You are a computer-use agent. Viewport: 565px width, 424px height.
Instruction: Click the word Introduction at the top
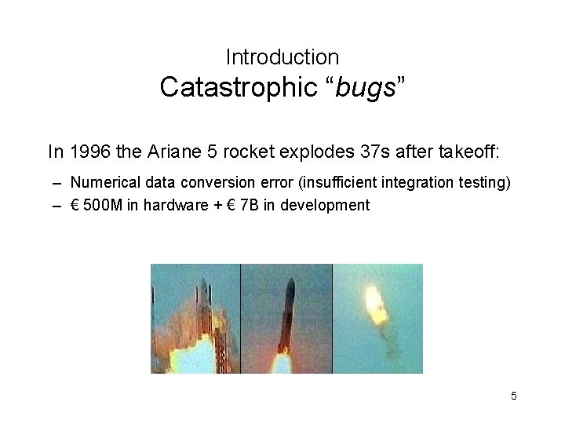pos(282,57)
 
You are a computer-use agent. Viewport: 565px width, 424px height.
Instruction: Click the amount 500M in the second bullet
pos(100,205)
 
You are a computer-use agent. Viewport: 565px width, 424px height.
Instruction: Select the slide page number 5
pos(514,396)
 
